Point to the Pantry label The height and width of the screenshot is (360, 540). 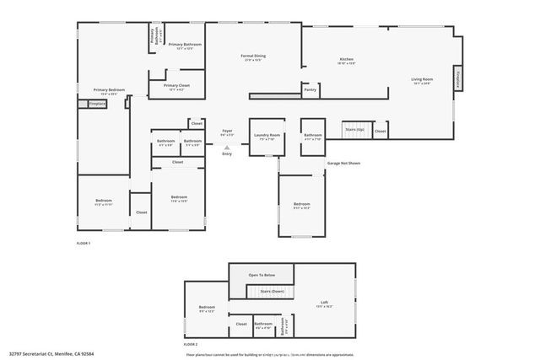(x=310, y=89)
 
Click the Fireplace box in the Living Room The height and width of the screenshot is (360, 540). (x=458, y=78)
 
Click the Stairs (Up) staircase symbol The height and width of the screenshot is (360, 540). (x=354, y=129)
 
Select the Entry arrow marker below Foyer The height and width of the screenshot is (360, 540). (x=226, y=147)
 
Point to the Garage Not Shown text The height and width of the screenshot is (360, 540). (x=343, y=163)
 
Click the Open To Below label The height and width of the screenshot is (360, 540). (x=260, y=275)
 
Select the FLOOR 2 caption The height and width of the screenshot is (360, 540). (x=191, y=344)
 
